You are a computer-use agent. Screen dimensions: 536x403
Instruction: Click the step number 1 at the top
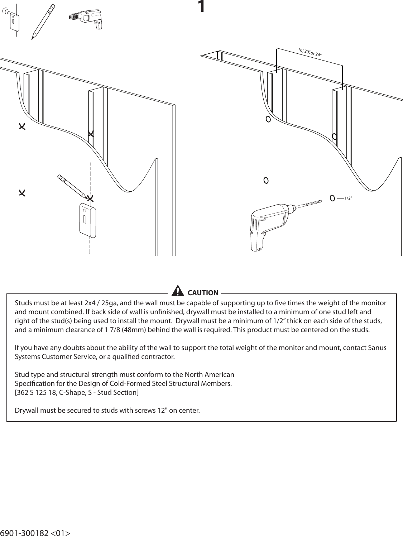pos(202,7)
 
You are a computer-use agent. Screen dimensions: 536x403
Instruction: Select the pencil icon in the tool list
pos(43,21)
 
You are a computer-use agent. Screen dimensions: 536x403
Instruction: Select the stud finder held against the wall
pos(87,220)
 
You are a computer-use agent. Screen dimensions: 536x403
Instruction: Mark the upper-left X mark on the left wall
pos(22,126)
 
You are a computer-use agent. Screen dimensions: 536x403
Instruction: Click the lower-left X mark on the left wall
pos(22,193)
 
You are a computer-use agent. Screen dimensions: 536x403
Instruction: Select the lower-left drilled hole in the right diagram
pos(266,180)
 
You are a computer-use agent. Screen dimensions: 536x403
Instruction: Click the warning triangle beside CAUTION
pos(177,292)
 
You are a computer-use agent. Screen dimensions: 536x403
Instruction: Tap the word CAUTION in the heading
pos(203,293)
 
